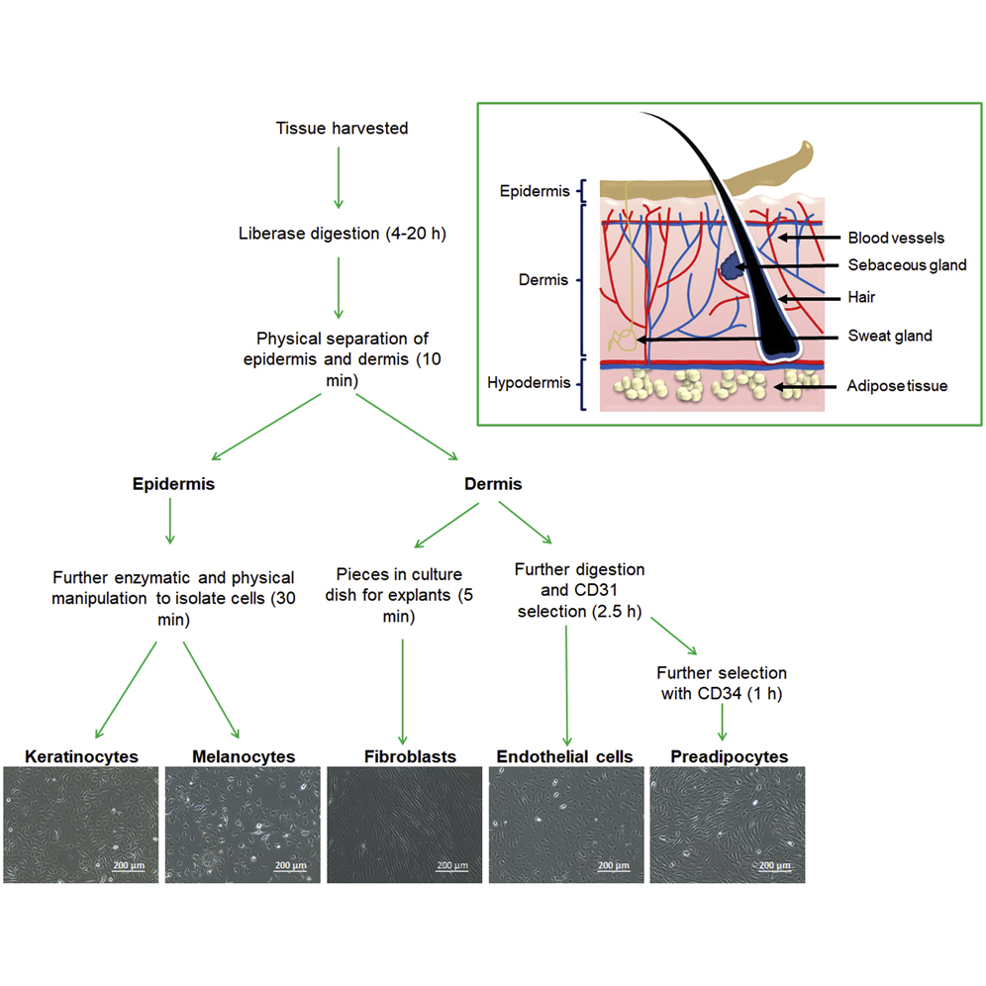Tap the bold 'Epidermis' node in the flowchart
click(x=173, y=485)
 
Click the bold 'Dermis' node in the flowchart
click(x=493, y=485)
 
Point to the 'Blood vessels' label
click(x=896, y=238)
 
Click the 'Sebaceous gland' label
click(x=907, y=265)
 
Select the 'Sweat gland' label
click(x=890, y=337)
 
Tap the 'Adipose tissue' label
click(x=898, y=386)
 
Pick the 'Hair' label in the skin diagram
click(x=861, y=296)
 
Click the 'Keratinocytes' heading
click(x=81, y=756)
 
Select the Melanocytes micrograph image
click(x=243, y=826)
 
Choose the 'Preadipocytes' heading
click(x=729, y=756)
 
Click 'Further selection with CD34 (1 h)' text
click(x=721, y=683)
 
